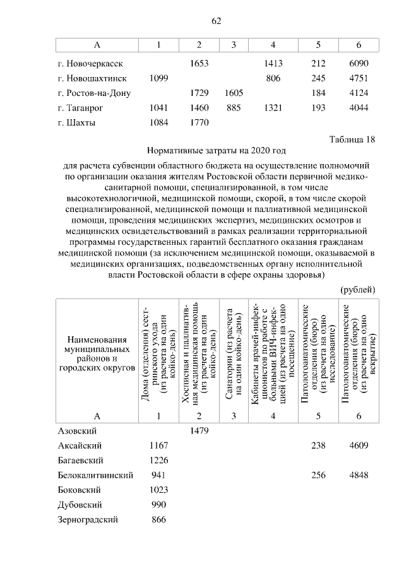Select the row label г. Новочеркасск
tap(90, 64)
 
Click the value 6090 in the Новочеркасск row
tap(358, 64)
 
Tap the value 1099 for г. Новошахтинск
tap(158, 79)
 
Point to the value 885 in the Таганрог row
tap(234, 108)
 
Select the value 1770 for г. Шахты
tap(199, 122)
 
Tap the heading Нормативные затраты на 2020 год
tap(216, 151)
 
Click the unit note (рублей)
tap(358, 290)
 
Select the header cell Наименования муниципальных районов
tap(96, 353)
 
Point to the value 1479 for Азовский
tap(199, 430)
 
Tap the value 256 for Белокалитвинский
tap(318, 475)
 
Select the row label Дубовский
tap(80, 505)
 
